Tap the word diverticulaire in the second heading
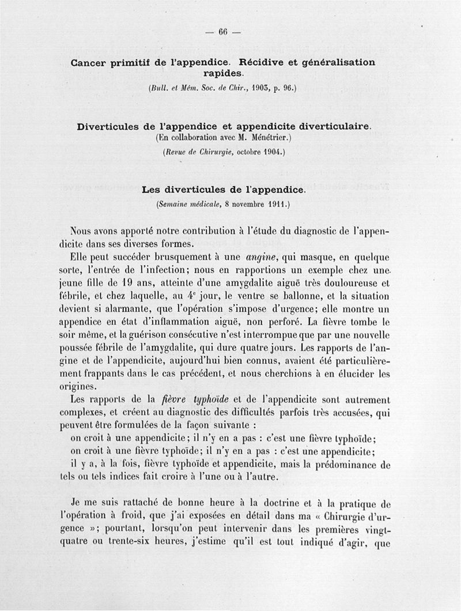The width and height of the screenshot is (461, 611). pos(330,127)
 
